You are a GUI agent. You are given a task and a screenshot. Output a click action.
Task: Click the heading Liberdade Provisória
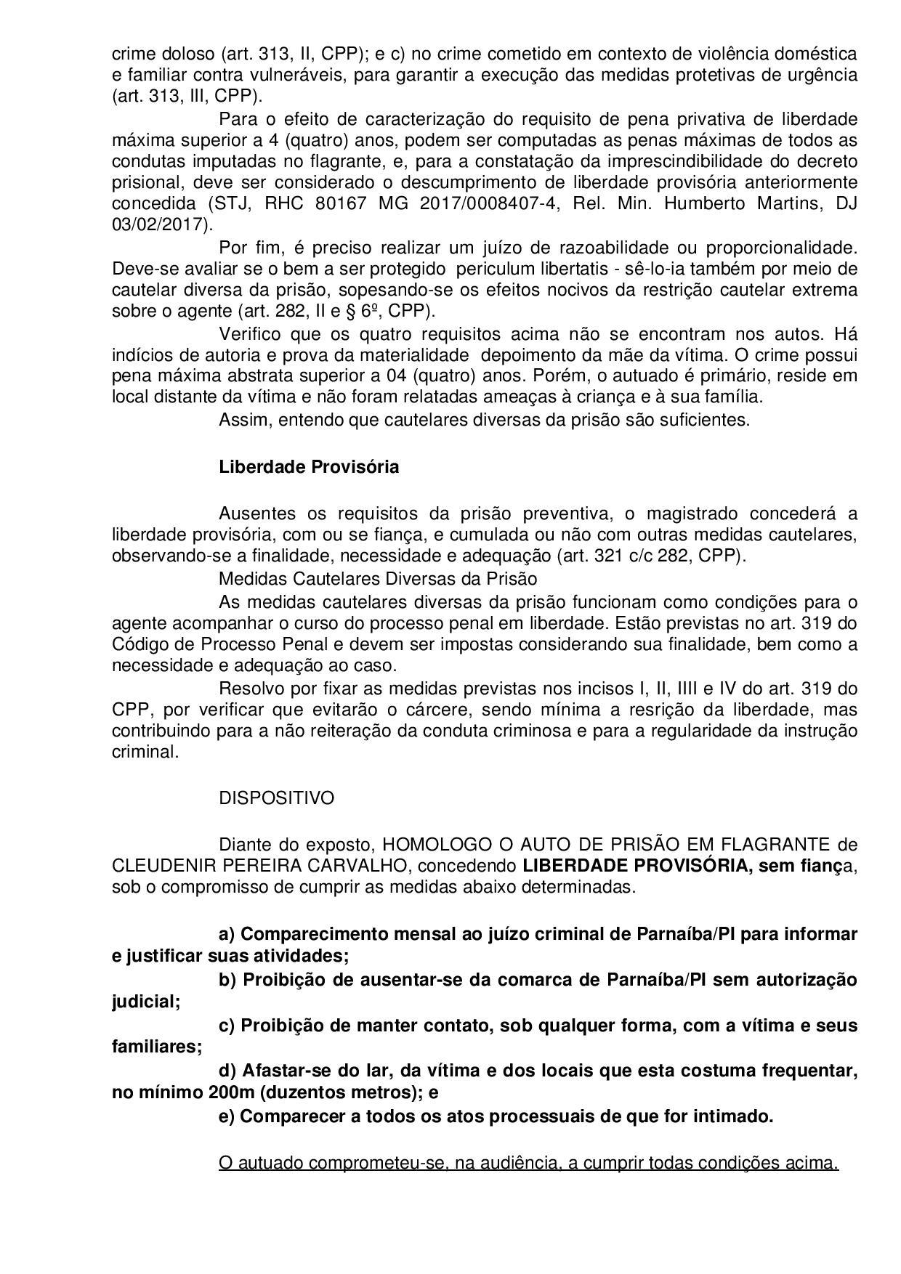(x=309, y=466)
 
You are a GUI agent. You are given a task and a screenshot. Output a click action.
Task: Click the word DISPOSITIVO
(x=276, y=798)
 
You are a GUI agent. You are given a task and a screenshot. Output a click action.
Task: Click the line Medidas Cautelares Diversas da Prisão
(x=378, y=579)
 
